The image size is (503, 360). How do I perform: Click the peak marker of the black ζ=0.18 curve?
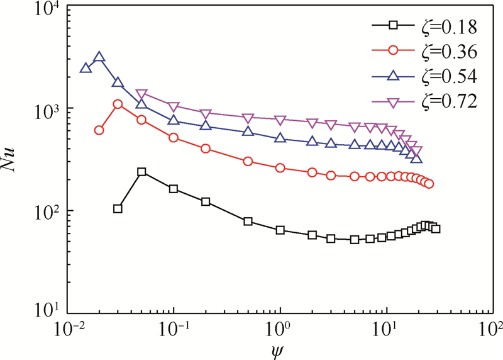click(x=141, y=172)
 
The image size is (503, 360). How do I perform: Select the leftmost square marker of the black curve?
click(x=118, y=208)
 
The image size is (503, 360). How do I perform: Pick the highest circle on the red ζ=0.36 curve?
click(x=118, y=104)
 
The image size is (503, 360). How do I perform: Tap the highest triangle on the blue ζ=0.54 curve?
click(x=99, y=57)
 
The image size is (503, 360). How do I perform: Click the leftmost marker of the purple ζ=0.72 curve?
click(x=141, y=94)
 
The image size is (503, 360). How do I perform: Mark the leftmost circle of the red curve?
click(x=99, y=130)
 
